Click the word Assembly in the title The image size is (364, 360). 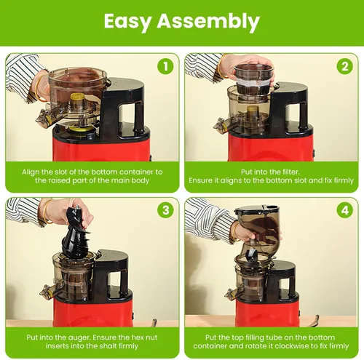click(x=208, y=21)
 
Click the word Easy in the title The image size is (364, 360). click(x=127, y=22)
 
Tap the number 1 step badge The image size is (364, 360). click(x=166, y=66)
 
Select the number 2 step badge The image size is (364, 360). click(x=345, y=66)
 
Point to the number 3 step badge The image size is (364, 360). click(x=166, y=210)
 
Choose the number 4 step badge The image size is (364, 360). click(x=345, y=210)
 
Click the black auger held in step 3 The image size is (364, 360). click(x=75, y=233)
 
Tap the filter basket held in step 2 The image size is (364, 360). click(x=253, y=79)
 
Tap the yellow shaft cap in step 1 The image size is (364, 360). click(x=77, y=97)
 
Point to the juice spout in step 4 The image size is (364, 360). click(x=231, y=294)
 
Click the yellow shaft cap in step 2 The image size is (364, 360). click(x=253, y=108)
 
